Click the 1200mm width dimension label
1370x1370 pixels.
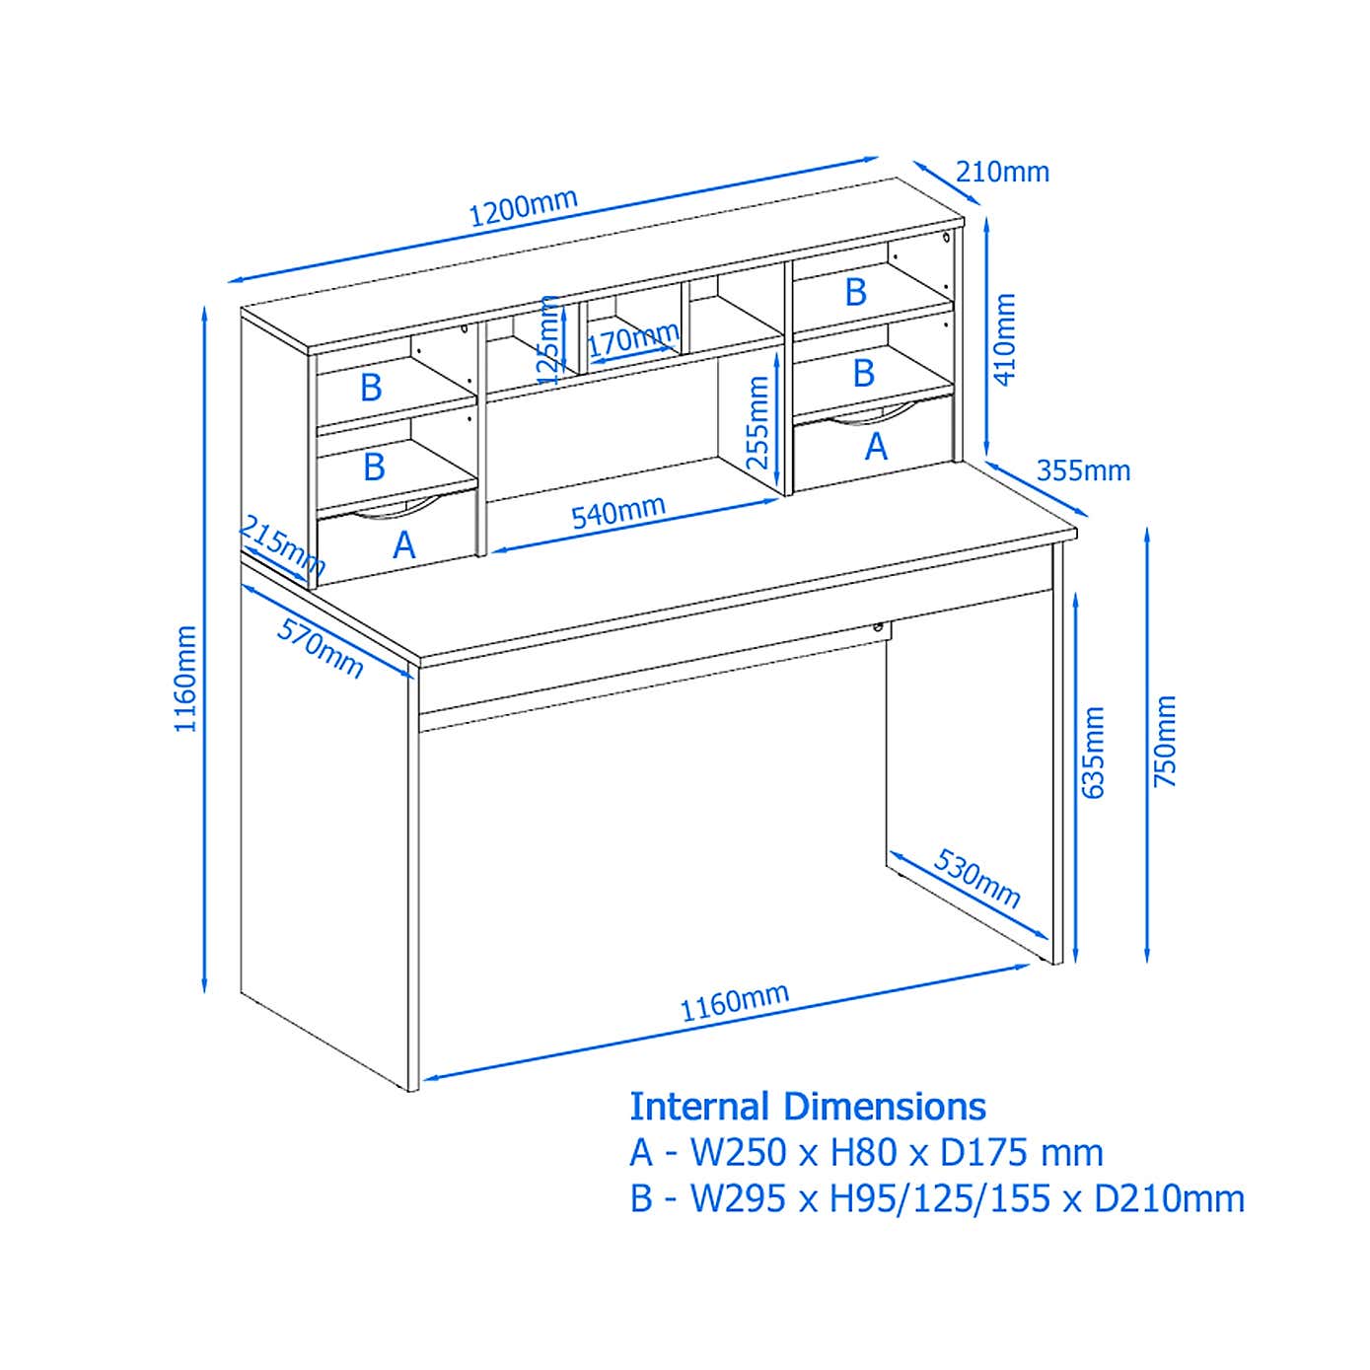(523, 207)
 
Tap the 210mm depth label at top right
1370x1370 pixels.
(1002, 173)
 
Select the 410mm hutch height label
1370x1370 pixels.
(1004, 338)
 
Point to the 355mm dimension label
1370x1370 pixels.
(1083, 470)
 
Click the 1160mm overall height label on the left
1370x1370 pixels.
(186, 679)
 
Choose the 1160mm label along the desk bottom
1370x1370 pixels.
(734, 1002)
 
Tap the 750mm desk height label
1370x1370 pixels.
(1166, 741)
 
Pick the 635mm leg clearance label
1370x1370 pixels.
(1093, 752)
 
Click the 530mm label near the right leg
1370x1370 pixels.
(976, 878)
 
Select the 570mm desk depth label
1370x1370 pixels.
(321, 648)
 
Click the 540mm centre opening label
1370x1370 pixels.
(618, 512)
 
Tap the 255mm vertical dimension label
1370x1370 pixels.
(757, 423)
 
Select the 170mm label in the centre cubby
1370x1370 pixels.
(632, 341)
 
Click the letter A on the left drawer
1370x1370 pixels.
(403, 544)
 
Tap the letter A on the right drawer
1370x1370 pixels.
(876, 447)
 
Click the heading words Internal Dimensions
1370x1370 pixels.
(808, 1107)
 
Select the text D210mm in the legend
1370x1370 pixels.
(1169, 1198)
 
